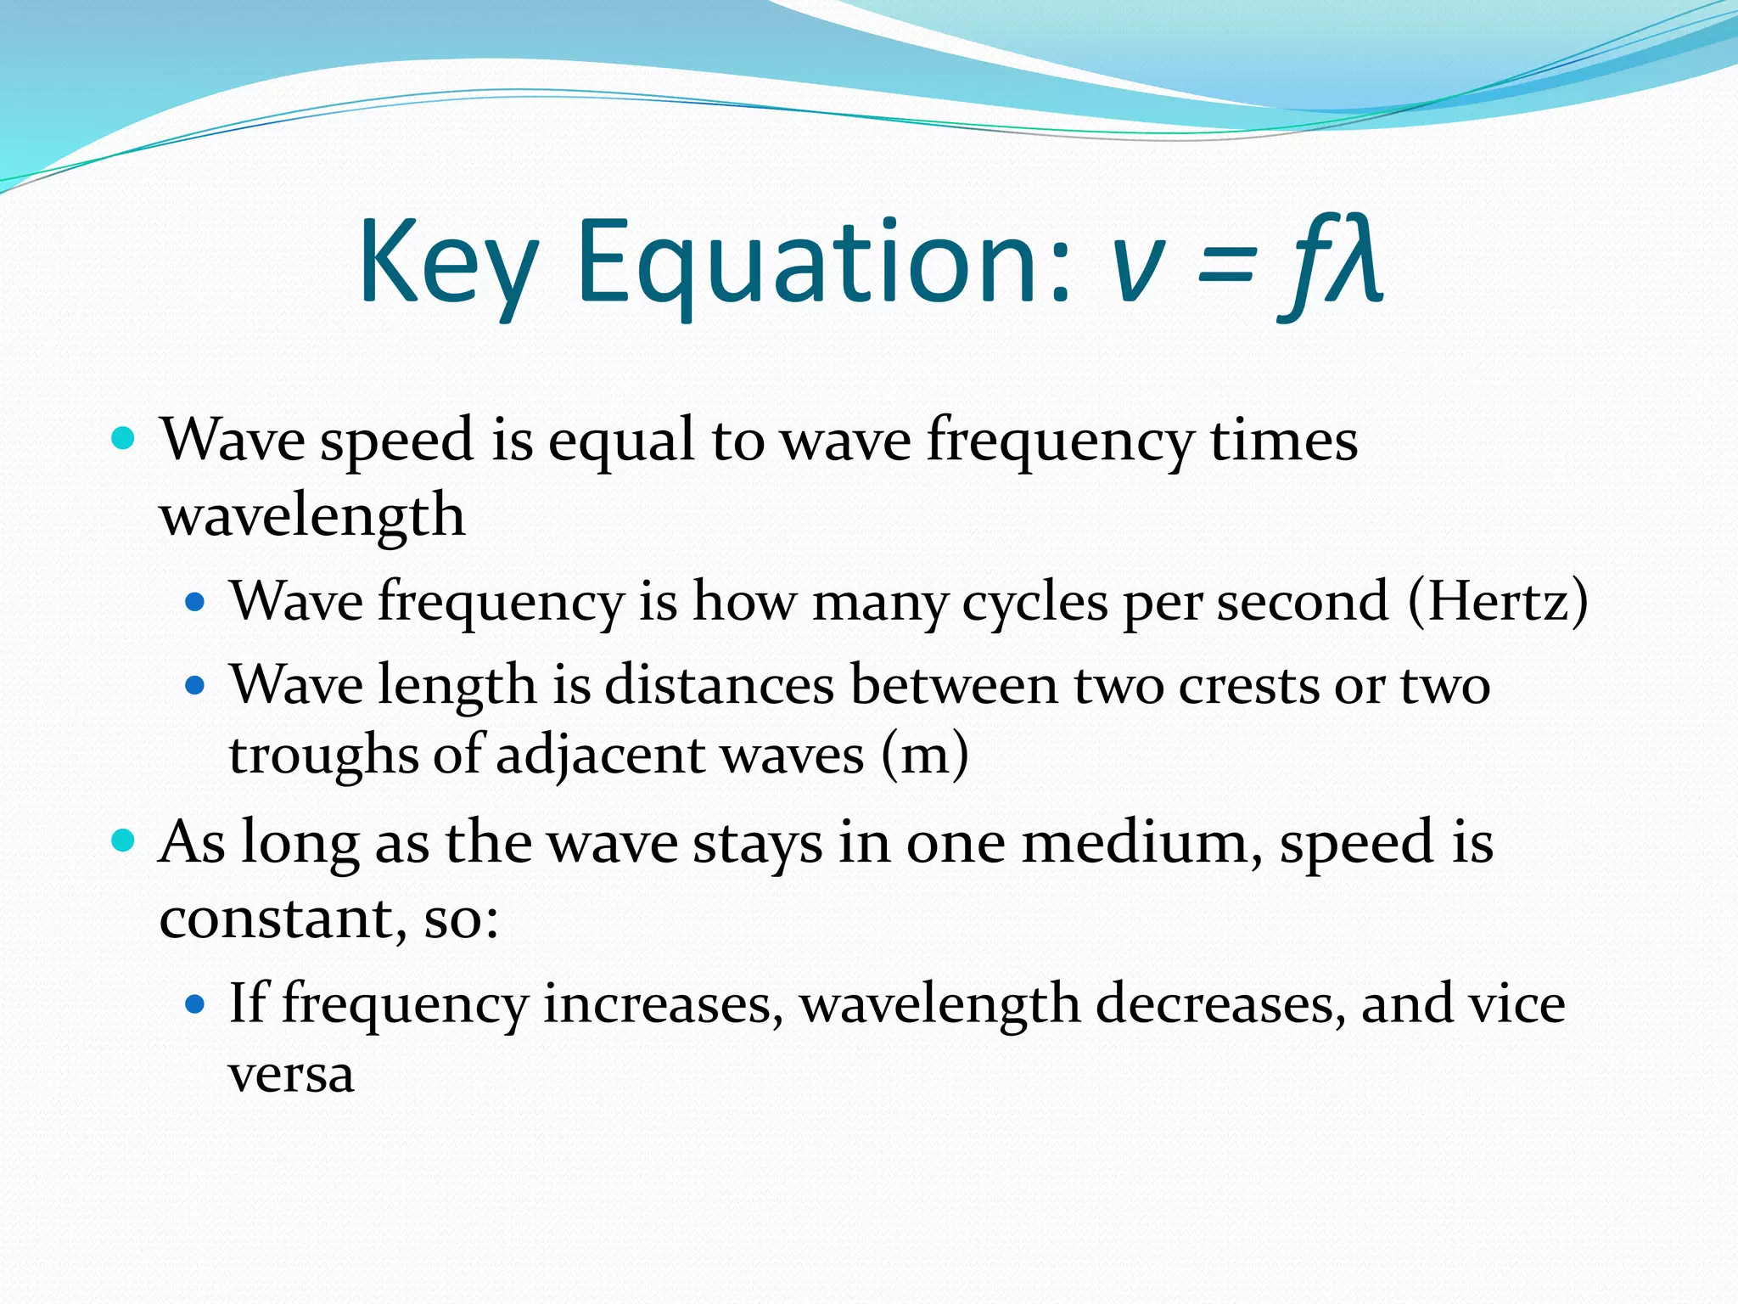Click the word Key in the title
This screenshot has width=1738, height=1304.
click(448, 263)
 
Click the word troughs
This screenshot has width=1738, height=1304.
click(323, 756)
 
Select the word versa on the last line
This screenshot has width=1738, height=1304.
click(291, 1075)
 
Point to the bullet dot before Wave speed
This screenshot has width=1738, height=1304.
click(124, 439)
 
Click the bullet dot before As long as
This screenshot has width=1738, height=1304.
click(124, 841)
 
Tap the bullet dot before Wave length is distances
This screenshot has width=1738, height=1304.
click(195, 685)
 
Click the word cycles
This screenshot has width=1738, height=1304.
click(1034, 603)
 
